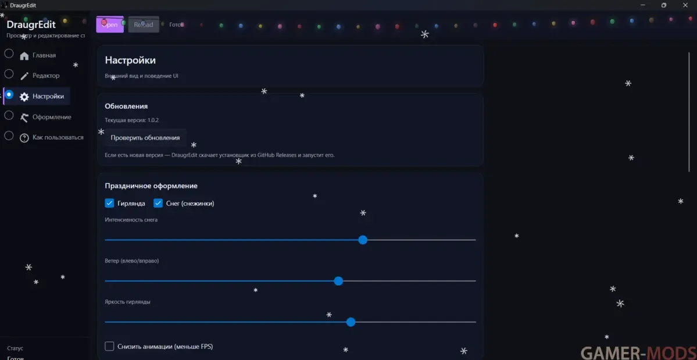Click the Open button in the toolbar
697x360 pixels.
tap(110, 24)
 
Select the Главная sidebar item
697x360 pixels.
tap(44, 55)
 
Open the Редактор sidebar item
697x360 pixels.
tap(46, 76)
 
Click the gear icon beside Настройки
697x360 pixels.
tap(24, 97)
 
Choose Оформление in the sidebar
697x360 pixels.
tap(52, 117)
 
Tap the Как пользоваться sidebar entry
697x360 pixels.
tap(58, 138)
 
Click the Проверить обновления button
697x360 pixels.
tap(145, 138)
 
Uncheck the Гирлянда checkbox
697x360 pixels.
tap(109, 203)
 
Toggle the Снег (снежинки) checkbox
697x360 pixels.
tap(158, 203)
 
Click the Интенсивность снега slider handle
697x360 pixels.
tap(363, 240)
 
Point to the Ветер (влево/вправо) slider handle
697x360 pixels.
tap(338, 281)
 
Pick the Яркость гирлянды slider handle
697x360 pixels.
tap(351, 322)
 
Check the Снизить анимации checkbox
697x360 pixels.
tap(109, 347)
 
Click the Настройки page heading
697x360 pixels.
tap(130, 60)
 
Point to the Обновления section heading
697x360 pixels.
tap(126, 106)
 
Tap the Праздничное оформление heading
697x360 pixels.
tap(151, 186)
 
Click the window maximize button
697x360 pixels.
tap(664, 5)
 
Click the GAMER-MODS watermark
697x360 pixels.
tap(637, 352)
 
